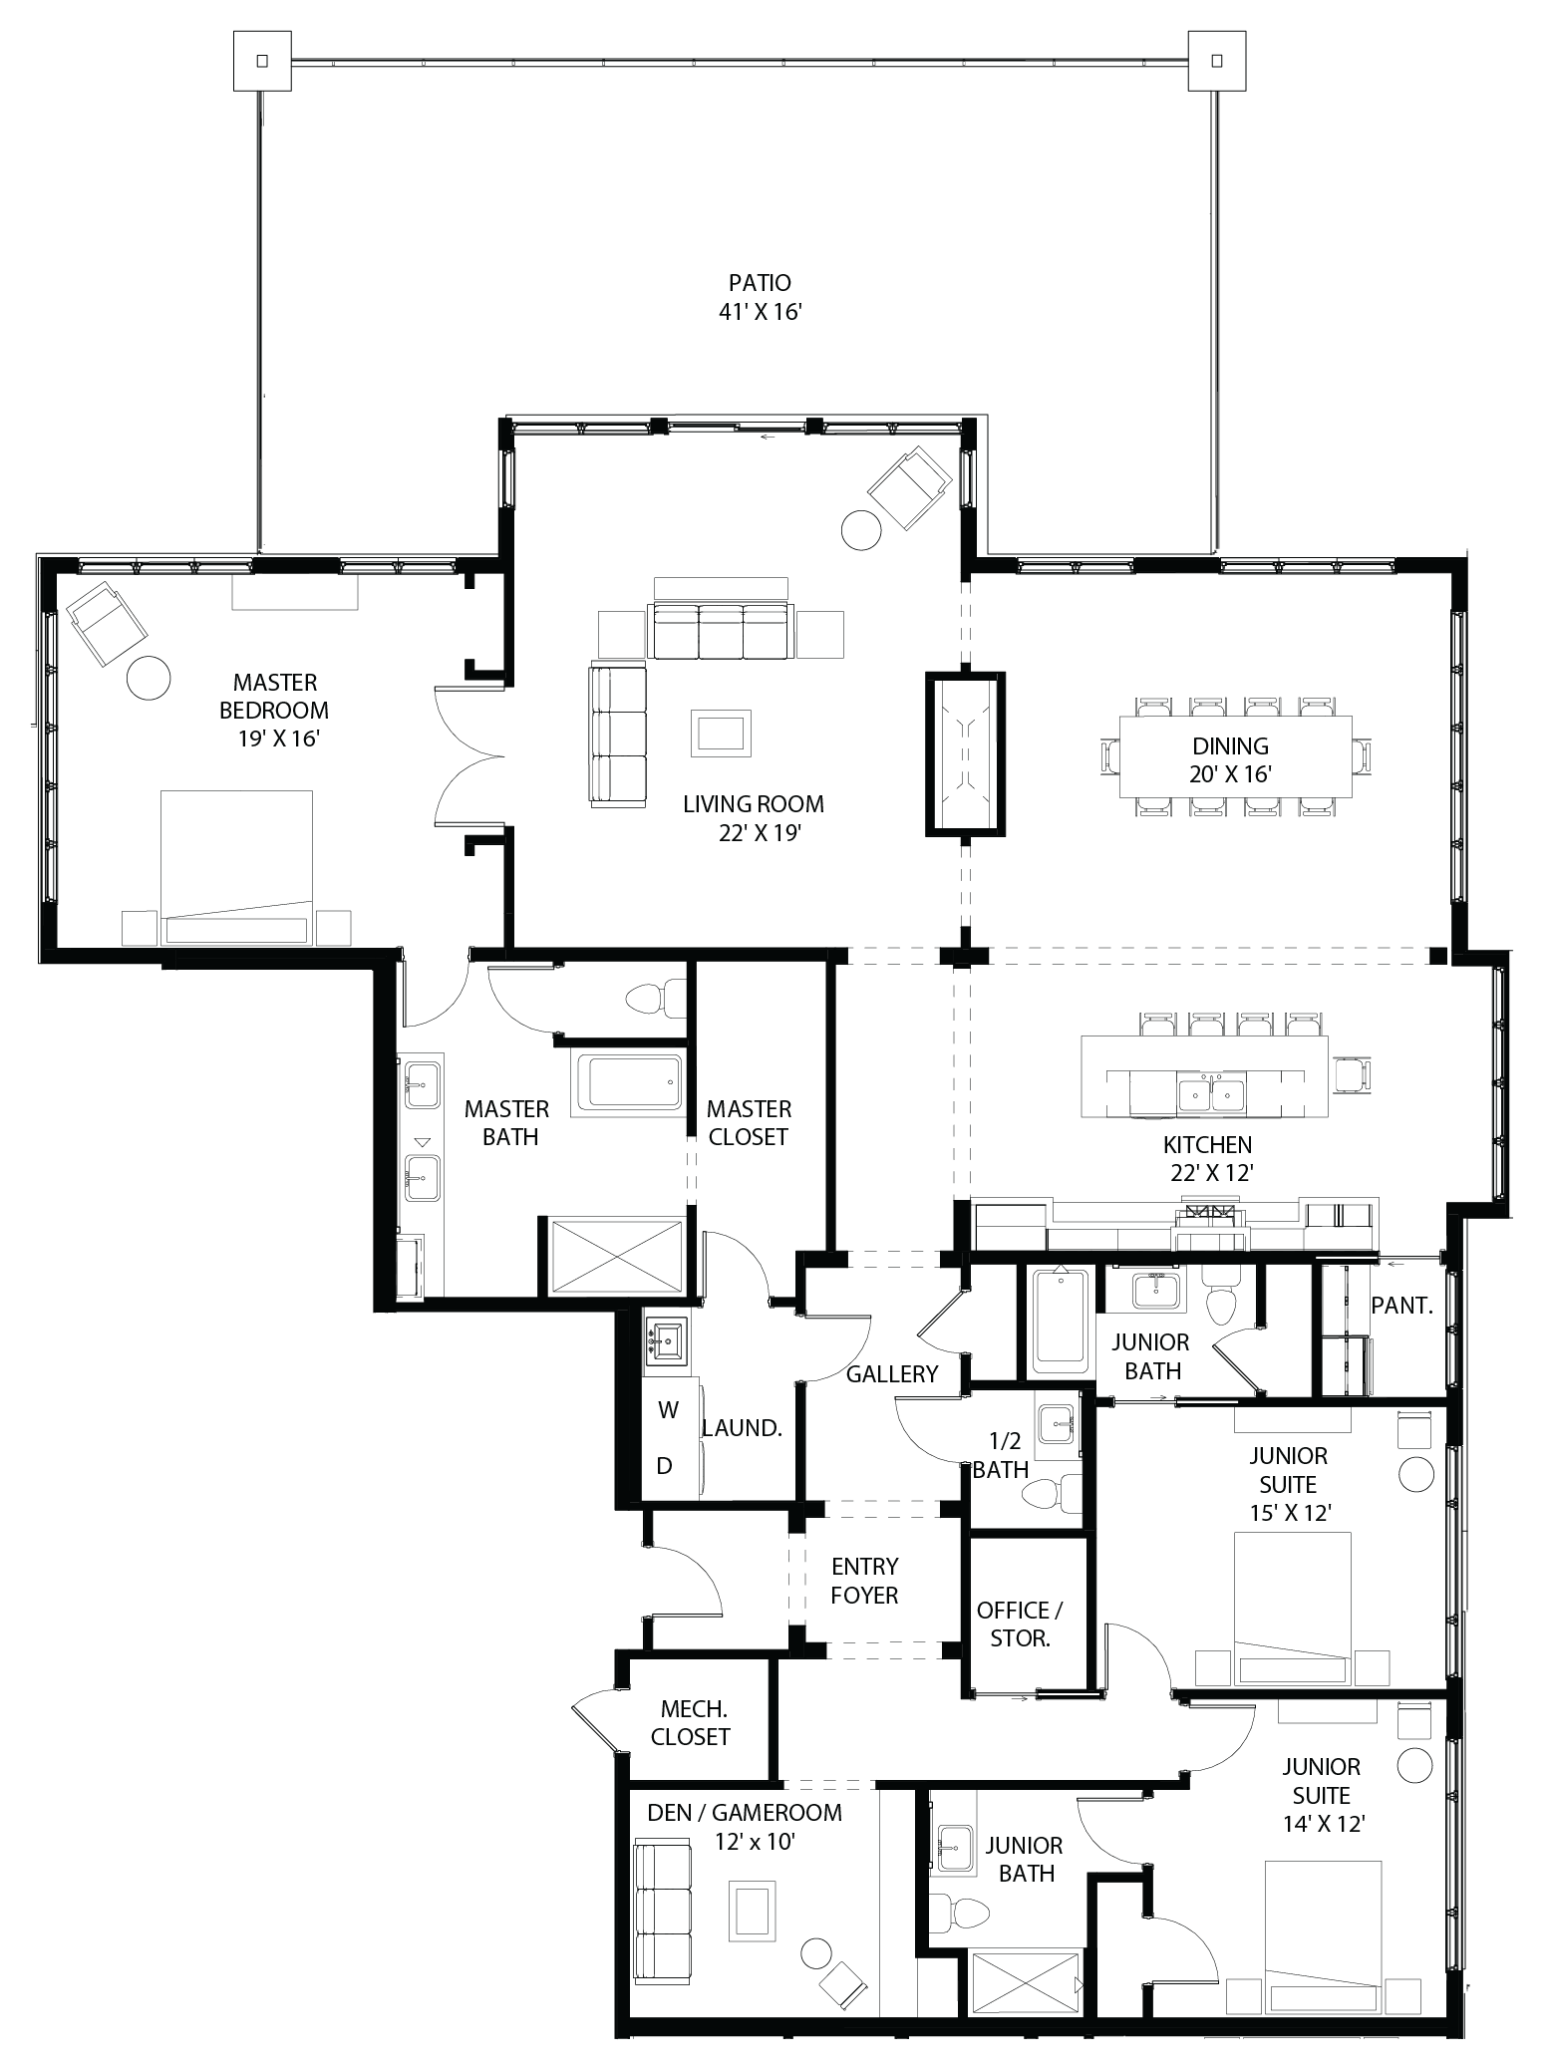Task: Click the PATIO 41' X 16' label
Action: [x=760, y=297]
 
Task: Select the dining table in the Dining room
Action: [x=1235, y=757]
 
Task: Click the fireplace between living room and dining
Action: [x=965, y=753]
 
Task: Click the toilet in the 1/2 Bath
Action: [x=1049, y=1494]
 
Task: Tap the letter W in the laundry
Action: [x=668, y=1409]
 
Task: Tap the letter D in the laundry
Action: [x=665, y=1465]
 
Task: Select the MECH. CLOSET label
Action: [x=690, y=1722]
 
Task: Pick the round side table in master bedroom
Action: [x=149, y=678]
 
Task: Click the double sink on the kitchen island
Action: [x=1211, y=1092]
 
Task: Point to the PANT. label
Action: [x=1401, y=1305]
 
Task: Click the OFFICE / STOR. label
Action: [x=1020, y=1624]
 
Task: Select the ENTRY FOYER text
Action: [x=864, y=1580]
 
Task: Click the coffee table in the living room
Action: [x=722, y=734]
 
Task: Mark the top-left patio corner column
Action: [x=262, y=61]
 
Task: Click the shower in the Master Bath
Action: [x=611, y=1257]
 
